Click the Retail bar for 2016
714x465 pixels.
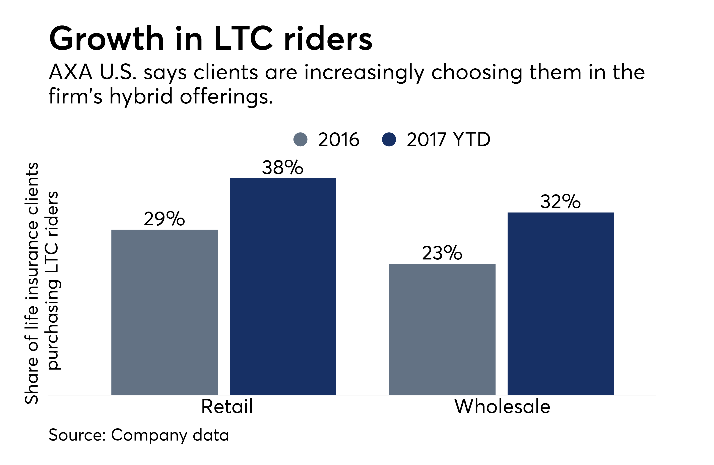point(164,312)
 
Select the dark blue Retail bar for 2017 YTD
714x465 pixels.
point(283,286)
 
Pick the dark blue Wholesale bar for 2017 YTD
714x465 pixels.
point(560,303)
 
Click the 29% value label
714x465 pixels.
point(164,219)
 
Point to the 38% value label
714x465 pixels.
point(283,168)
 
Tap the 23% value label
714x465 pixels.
point(442,253)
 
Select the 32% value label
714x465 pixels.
point(560,202)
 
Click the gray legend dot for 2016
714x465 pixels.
point(301,139)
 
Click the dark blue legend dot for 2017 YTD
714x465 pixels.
point(389,139)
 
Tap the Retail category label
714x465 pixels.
point(227,407)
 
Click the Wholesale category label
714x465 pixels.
point(502,407)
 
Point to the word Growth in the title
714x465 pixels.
point(107,39)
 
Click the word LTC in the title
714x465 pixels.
point(243,39)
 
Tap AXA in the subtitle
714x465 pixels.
point(70,73)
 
